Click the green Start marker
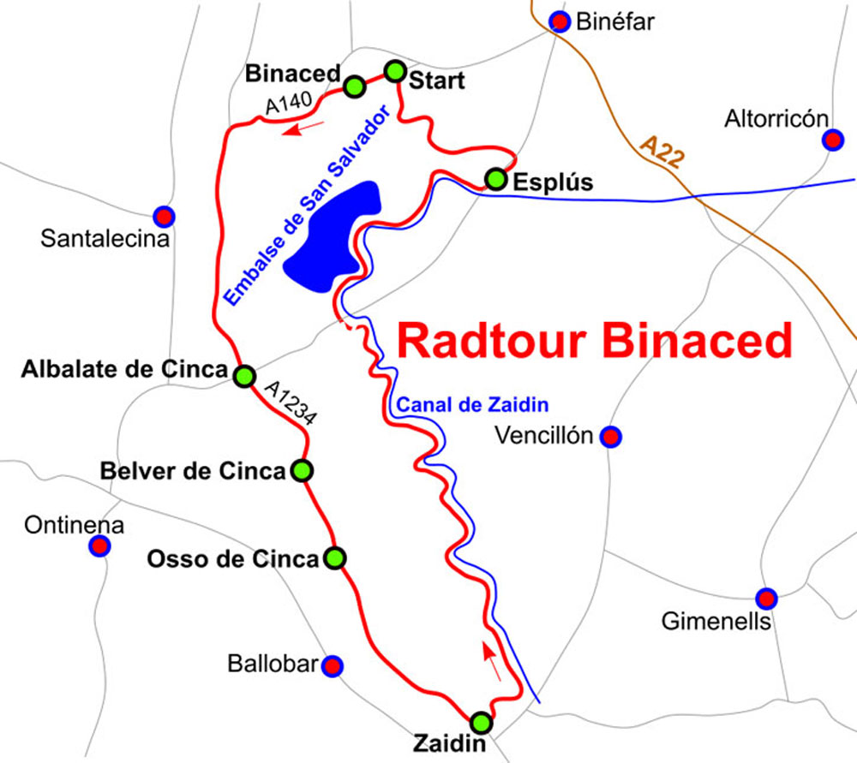pos(394,71)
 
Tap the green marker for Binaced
pos(354,86)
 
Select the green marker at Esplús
pos(495,179)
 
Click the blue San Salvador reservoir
pos(334,233)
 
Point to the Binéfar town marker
pos(560,21)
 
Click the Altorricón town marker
pos(832,140)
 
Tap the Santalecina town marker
pos(163,216)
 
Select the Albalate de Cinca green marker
pos(244,376)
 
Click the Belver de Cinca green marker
pos(302,471)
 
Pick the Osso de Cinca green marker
pos(335,558)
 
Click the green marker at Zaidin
pos(482,720)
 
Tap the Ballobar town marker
pos(332,665)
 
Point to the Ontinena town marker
pos(100,545)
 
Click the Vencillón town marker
pos(610,437)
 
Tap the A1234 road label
pos(291,402)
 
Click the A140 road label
pos(285,104)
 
